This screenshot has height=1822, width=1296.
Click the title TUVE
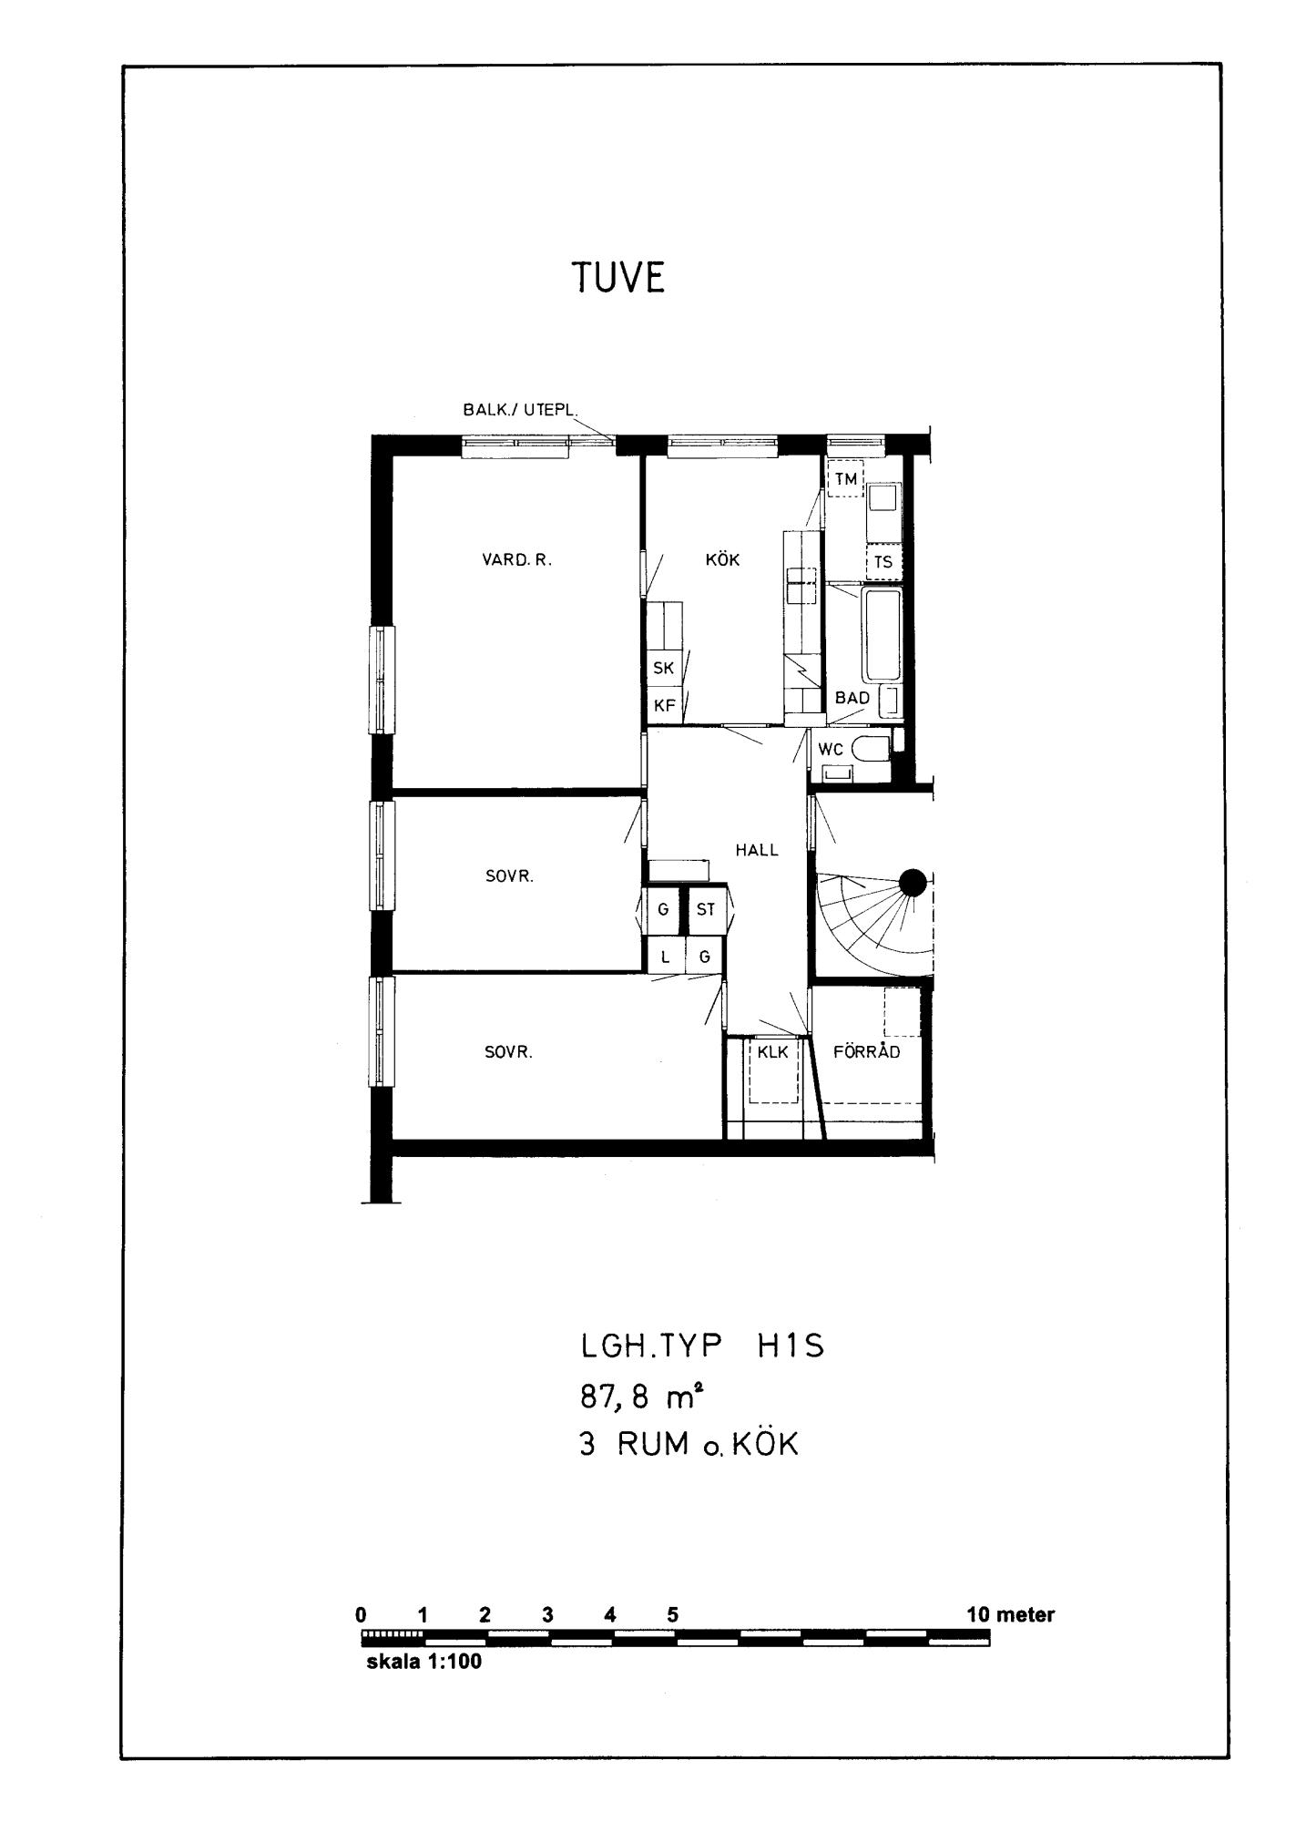(618, 278)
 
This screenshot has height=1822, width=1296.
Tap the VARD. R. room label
(517, 560)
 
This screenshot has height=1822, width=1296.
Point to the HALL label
(757, 850)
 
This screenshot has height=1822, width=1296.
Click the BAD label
(852, 698)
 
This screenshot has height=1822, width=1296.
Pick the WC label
(831, 750)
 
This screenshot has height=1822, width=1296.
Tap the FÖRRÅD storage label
(867, 1051)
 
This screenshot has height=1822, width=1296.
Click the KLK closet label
(772, 1052)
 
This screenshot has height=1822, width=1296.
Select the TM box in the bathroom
(845, 478)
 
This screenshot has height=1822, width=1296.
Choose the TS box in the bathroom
(883, 562)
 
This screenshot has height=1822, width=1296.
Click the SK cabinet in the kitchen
(664, 668)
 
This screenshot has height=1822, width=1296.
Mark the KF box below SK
(664, 705)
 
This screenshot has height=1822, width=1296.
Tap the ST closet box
(706, 909)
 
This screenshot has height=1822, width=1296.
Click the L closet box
(665, 957)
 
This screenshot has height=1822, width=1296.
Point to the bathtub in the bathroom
(883, 635)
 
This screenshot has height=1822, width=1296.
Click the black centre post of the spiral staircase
(913, 882)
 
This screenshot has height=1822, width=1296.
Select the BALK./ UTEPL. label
(520, 410)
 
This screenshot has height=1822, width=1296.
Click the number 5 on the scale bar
(672, 1615)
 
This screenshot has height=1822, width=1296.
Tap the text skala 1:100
(423, 1662)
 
